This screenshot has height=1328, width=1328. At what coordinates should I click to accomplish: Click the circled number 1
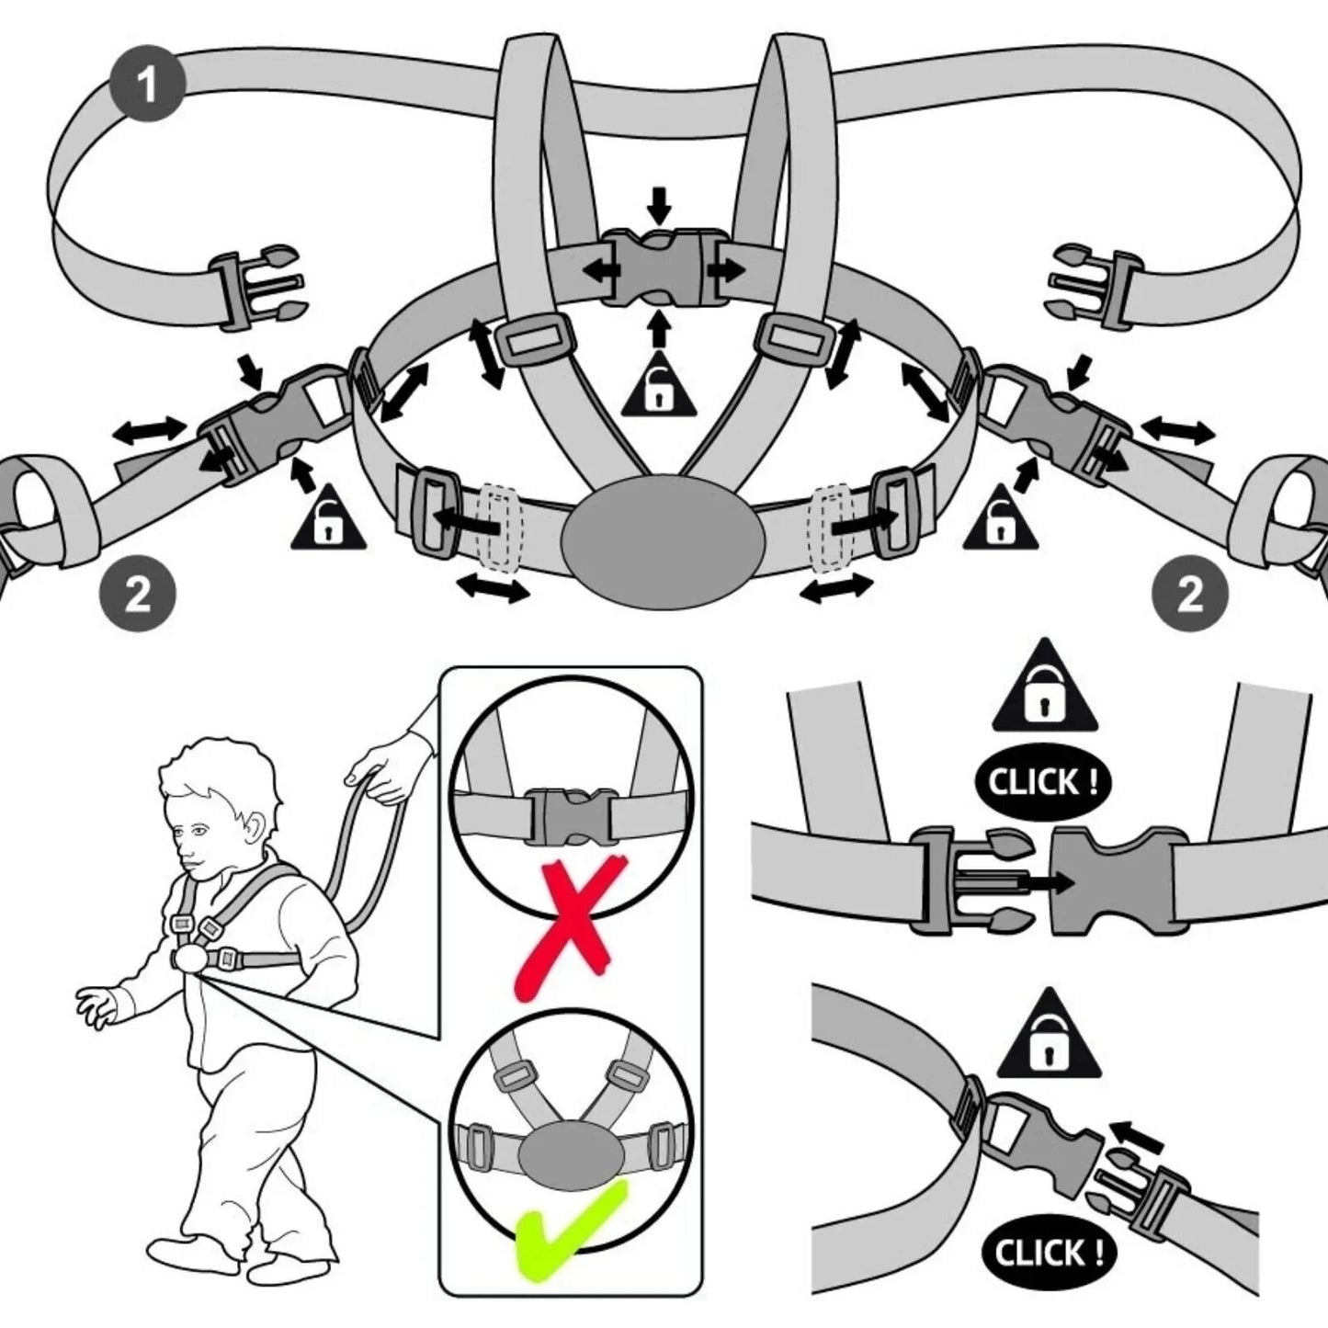(147, 84)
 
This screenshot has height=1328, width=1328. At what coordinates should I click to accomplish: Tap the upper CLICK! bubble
(1042, 783)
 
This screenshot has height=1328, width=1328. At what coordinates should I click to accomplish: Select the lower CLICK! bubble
(1048, 1253)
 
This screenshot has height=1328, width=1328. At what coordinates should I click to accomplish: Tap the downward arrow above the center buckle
(659, 203)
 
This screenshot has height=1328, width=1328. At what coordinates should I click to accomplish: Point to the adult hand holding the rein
(386, 770)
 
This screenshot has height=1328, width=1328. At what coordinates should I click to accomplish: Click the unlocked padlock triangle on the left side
(328, 522)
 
